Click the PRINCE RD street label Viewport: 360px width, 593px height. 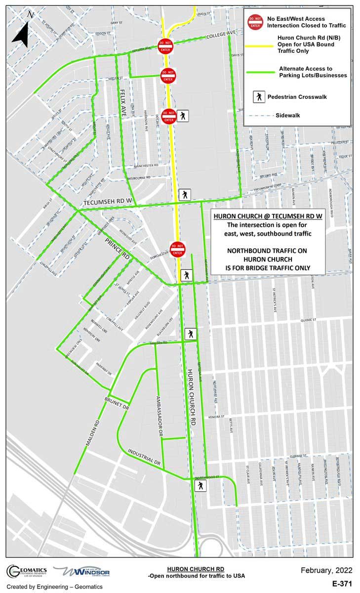coord(118,250)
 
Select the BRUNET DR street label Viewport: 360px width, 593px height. coord(117,403)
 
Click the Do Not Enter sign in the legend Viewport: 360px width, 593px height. coord(255,21)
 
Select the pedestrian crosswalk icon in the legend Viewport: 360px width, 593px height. coord(259,97)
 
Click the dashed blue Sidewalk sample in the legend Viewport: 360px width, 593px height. coord(259,115)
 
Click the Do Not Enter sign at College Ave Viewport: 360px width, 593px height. coord(165,46)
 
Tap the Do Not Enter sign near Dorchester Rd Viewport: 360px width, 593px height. coord(177,248)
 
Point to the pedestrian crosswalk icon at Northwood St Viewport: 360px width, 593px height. coord(200,486)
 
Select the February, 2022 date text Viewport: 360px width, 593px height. coord(326,571)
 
